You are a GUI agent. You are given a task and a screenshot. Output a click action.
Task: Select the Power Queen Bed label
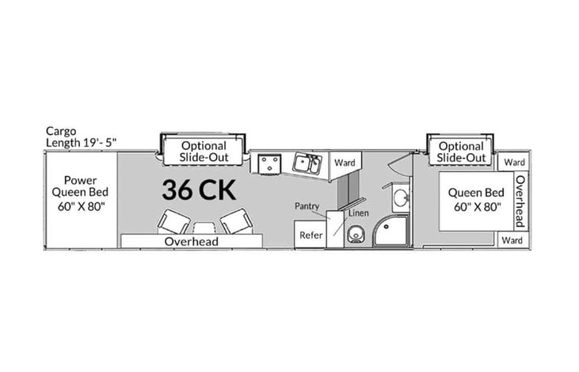tap(81, 191)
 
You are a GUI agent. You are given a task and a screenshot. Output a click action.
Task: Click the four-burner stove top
tap(269, 163)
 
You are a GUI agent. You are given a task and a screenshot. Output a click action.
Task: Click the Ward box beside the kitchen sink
tap(344, 162)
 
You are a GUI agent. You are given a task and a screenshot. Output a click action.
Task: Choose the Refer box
tap(308, 236)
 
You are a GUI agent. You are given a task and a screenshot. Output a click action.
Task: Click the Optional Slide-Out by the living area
tap(204, 151)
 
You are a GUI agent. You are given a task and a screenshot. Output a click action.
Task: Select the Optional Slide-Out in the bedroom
tap(461, 151)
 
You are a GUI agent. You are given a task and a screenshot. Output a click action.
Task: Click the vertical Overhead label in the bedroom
tap(520, 201)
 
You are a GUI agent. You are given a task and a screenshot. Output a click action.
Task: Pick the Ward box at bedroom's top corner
tap(514, 162)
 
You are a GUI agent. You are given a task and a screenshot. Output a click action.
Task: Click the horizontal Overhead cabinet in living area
tap(191, 240)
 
